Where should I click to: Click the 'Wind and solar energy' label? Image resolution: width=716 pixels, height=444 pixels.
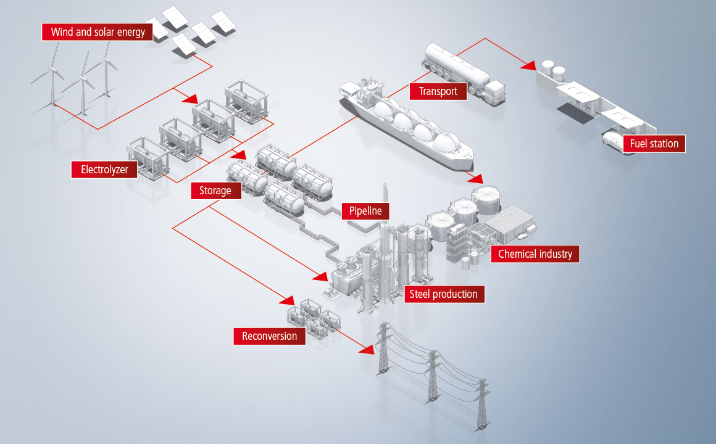tap(98, 32)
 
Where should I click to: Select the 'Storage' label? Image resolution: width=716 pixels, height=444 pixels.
tap(215, 191)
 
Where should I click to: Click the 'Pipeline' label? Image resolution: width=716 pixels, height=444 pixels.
tap(365, 211)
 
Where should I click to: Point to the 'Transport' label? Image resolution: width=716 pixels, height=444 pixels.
tap(438, 91)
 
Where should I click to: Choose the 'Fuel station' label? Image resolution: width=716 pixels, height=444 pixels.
tap(654, 144)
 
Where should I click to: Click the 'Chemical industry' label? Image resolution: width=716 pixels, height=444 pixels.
tap(535, 254)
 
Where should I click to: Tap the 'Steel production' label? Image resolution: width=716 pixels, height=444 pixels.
tap(444, 294)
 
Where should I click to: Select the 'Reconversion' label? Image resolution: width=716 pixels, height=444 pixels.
tap(270, 336)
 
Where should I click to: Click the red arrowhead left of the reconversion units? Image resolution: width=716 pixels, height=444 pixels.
tap(287, 300)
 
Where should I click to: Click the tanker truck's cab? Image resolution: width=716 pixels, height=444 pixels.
tap(494, 92)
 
